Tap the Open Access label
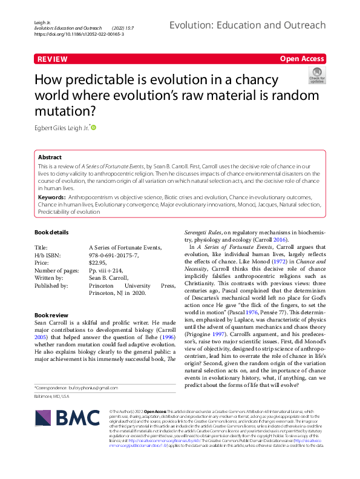tap(302, 59)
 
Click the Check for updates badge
tap(317, 75)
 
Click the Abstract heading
tap(50, 156)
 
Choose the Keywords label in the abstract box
tap(52, 197)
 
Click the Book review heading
tap(51, 315)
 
